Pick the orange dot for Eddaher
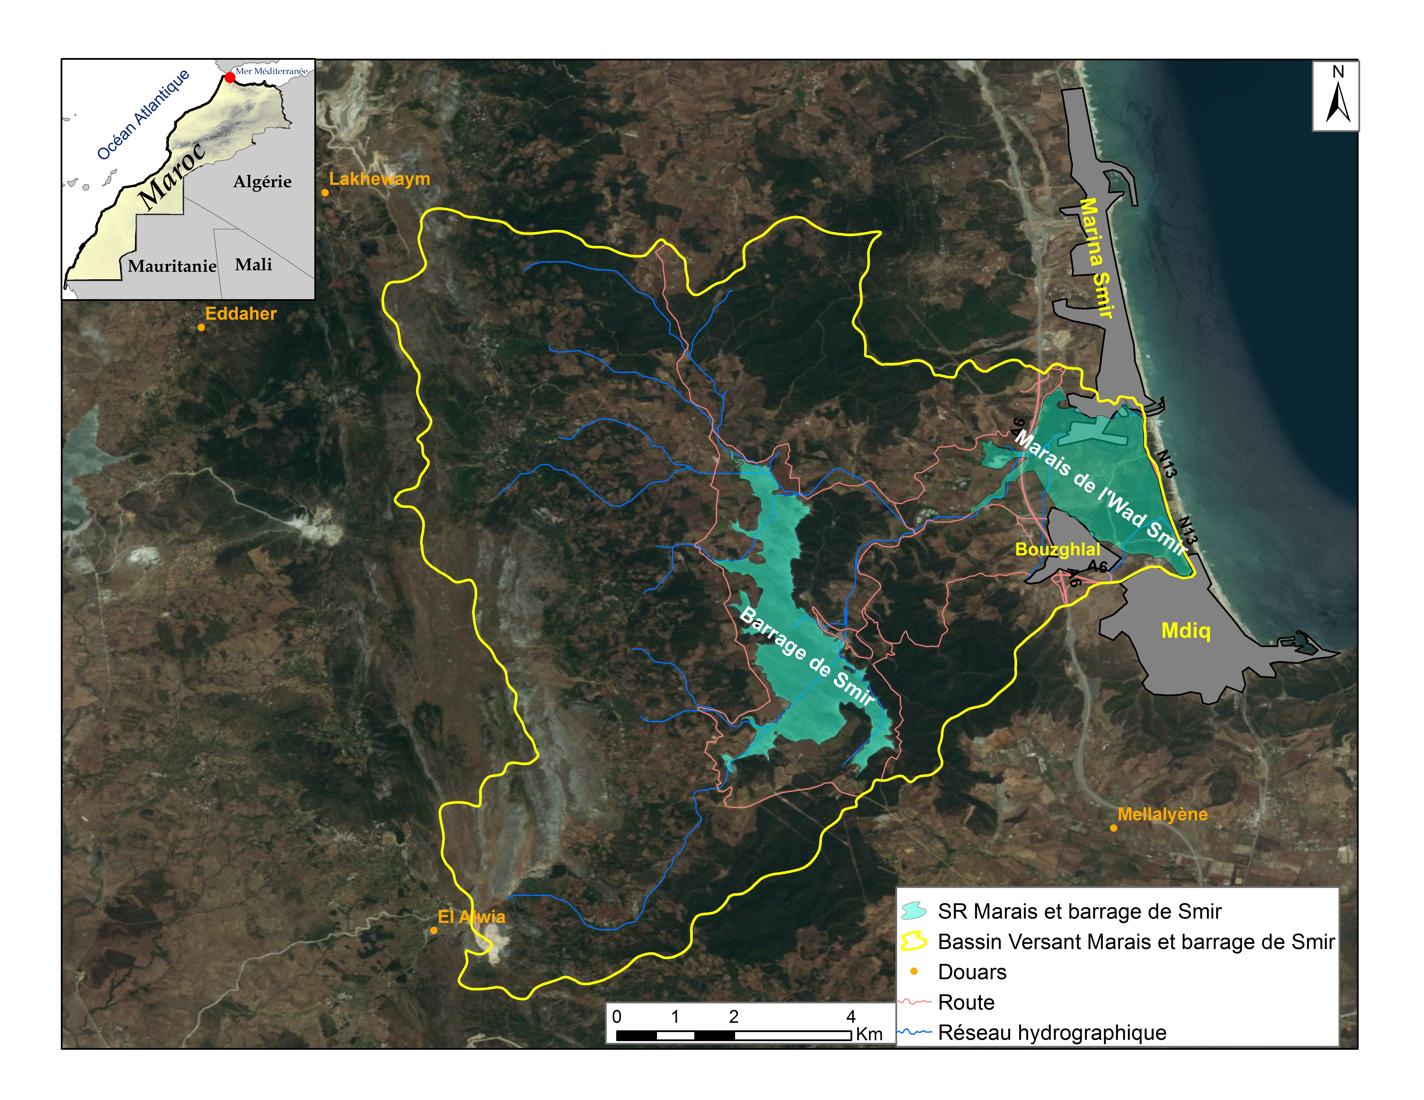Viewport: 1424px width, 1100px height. (x=202, y=327)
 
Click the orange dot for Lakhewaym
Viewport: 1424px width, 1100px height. (x=325, y=193)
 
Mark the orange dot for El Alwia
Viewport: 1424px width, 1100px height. (x=434, y=930)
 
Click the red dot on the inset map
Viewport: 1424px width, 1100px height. (x=230, y=78)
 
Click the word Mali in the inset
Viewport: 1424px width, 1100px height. (x=254, y=265)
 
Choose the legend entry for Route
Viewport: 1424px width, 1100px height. (x=966, y=1002)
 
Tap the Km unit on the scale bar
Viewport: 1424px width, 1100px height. (x=869, y=1034)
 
